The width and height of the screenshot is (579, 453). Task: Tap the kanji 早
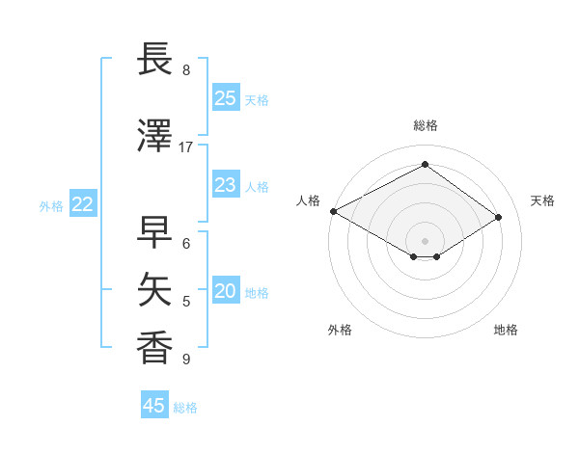[155, 233]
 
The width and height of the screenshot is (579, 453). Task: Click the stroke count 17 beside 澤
[186, 147]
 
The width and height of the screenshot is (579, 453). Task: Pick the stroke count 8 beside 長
[186, 70]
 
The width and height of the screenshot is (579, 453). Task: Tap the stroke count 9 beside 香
[186, 360]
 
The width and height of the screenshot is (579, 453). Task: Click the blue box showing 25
[226, 98]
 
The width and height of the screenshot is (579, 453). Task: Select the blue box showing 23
[226, 185]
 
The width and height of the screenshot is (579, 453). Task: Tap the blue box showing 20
[226, 292]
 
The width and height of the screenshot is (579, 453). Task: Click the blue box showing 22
[83, 204]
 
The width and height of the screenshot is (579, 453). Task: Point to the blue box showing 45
[154, 406]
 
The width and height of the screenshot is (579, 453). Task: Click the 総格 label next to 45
[186, 408]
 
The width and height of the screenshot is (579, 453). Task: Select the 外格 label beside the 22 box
[51, 205]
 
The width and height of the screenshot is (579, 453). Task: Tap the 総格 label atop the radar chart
[425, 125]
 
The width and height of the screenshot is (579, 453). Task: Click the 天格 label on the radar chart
[543, 200]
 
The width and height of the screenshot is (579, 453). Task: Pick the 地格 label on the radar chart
[506, 330]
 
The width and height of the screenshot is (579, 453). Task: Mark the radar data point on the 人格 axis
[333, 211]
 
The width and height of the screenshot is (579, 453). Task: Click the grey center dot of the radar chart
[425, 239]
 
